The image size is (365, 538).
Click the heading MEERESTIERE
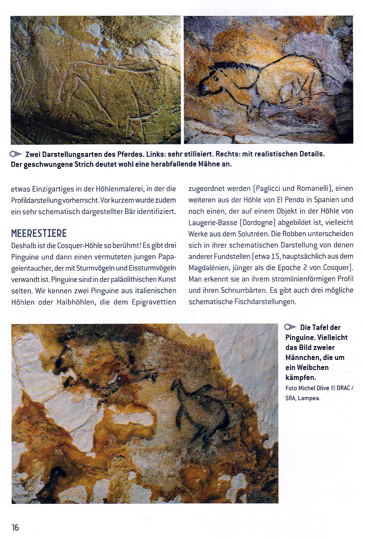(38, 233)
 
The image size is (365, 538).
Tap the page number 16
(15, 527)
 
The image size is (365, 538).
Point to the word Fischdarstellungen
(261, 302)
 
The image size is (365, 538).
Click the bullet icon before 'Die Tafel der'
(291, 327)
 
